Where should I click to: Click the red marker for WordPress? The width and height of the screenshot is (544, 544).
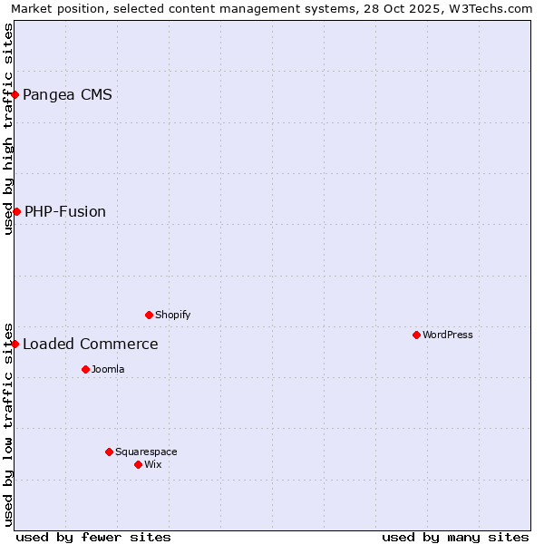click(416, 335)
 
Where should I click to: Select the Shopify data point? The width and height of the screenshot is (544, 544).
click(149, 315)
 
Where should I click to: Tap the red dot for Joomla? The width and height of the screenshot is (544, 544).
click(85, 369)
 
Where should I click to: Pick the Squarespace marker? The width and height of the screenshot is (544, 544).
click(109, 452)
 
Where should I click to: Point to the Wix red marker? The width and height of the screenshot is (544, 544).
click(138, 464)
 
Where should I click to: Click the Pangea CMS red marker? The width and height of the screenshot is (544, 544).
click(15, 94)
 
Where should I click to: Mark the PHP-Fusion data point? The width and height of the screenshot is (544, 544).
click(16, 211)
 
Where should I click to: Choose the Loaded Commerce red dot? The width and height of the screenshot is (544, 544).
click(15, 344)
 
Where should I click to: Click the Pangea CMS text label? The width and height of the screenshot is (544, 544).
click(67, 94)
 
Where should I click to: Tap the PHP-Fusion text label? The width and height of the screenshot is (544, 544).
click(65, 211)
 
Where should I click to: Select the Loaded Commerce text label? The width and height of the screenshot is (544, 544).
click(91, 344)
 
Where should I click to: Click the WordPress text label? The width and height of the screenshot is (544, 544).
click(448, 335)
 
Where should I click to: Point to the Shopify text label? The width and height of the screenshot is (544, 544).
click(172, 315)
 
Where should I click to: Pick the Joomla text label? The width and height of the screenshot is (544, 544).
click(108, 369)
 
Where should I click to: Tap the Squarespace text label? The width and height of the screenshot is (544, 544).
click(146, 452)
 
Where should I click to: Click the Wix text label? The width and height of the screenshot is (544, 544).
click(153, 464)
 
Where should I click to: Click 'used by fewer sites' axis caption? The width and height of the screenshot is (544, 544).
click(93, 537)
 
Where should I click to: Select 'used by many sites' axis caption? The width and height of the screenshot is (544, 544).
click(455, 537)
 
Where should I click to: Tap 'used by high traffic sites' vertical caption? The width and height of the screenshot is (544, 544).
click(8, 129)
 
